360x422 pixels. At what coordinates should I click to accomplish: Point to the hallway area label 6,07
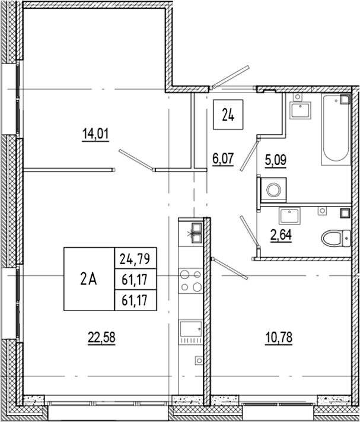[222, 158]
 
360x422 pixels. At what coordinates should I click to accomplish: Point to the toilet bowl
[335, 239]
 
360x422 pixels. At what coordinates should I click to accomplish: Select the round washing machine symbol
[273, 190]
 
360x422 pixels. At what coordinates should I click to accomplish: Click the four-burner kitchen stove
[190, 281]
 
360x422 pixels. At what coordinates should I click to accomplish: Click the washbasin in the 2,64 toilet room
[293, 215]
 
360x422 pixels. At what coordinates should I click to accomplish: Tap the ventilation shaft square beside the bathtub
[345, 100]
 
